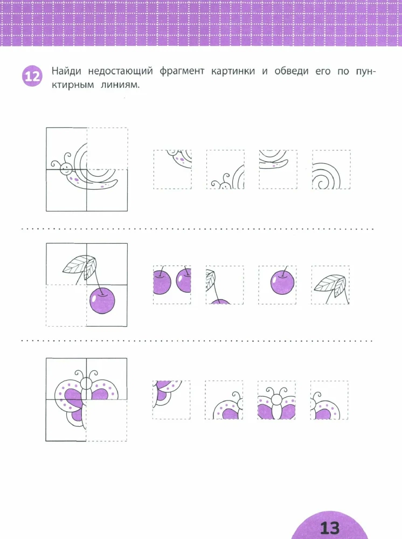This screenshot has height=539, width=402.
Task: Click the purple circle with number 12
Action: tap(31, 76)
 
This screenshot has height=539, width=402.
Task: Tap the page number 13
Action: tap(329, 527)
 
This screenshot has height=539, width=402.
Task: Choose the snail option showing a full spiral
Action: tap(331, 170)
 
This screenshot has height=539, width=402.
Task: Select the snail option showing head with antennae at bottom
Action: tap(225, 170)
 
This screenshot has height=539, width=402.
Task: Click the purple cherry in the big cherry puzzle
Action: tap(102, 300)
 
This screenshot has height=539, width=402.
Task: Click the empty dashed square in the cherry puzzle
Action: tap(66, 305)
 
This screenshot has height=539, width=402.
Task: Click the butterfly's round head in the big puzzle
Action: tap(86, 384)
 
